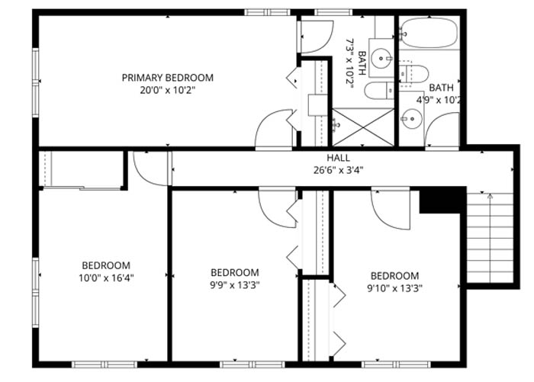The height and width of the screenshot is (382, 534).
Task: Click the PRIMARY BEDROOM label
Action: pos(168,78)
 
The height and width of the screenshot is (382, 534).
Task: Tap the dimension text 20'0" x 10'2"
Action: pos(168,91)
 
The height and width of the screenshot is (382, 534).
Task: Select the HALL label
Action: pos(338,158)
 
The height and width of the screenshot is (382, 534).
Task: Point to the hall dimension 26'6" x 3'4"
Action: pos(338,170)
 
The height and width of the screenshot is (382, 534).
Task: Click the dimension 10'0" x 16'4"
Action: pos(106,278)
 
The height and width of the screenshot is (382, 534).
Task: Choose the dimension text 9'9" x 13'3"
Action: pos(235,285)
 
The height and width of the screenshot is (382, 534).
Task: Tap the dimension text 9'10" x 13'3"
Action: pos(394,288)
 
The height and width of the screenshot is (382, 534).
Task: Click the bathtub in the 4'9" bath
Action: pos(429,33)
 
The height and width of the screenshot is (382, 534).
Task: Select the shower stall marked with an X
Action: pos(363,127)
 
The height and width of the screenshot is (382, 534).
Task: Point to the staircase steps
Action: pos(490,238)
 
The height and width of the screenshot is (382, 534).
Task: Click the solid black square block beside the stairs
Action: pos(442,200)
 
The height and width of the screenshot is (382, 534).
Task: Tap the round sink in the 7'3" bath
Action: pos(381,58)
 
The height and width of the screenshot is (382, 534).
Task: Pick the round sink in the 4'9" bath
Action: pos(412,119)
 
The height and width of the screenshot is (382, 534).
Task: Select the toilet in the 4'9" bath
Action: pos(413,74)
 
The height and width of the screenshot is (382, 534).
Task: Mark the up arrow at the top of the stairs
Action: pos(490,196)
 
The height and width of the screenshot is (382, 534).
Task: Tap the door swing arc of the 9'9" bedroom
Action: pos(269,215)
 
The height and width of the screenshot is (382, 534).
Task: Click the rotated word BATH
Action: pos(362,63)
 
